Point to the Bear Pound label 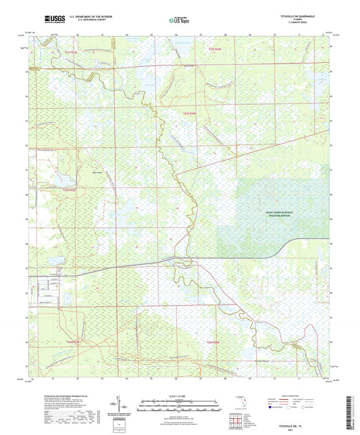[78, 172]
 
